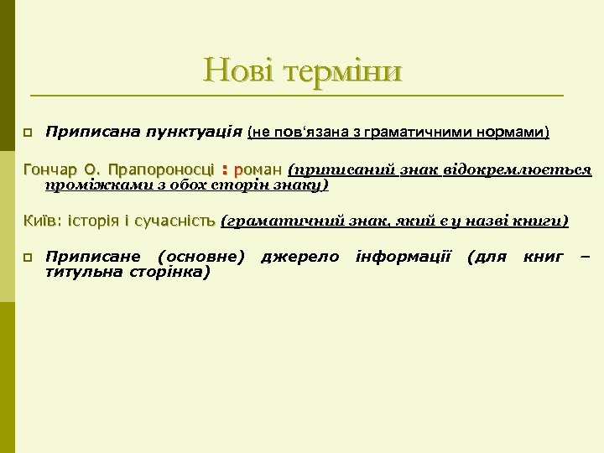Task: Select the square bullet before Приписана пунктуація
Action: pyautogui.click(x=27, y=133)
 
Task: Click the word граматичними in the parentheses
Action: pyautogui.click(x=431, y=133)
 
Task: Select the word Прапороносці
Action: pyautogui.click(x=162, y=170)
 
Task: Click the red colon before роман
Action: pyautogui.click(x=225, y=170)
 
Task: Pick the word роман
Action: pyautogui.click(x=259, y=170)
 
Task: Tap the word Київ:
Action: pyautogui.click(x=41, y=221)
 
